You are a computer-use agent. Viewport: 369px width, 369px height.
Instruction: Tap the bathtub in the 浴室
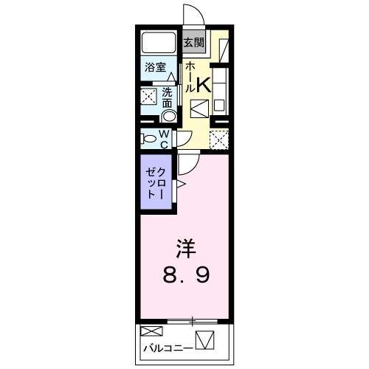[158, 42]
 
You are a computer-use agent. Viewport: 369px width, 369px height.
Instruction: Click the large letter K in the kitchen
[204, 86]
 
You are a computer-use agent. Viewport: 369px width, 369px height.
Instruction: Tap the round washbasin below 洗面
[169, 114]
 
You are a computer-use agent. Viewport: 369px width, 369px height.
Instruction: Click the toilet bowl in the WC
[150, 137]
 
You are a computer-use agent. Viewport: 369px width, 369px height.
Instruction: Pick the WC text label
[165, 138]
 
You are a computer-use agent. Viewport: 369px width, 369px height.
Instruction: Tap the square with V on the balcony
[204, 340]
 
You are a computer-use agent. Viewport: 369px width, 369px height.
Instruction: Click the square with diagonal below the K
[200, 109]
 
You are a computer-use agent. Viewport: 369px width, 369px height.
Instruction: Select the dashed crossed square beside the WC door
[219, 138]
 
